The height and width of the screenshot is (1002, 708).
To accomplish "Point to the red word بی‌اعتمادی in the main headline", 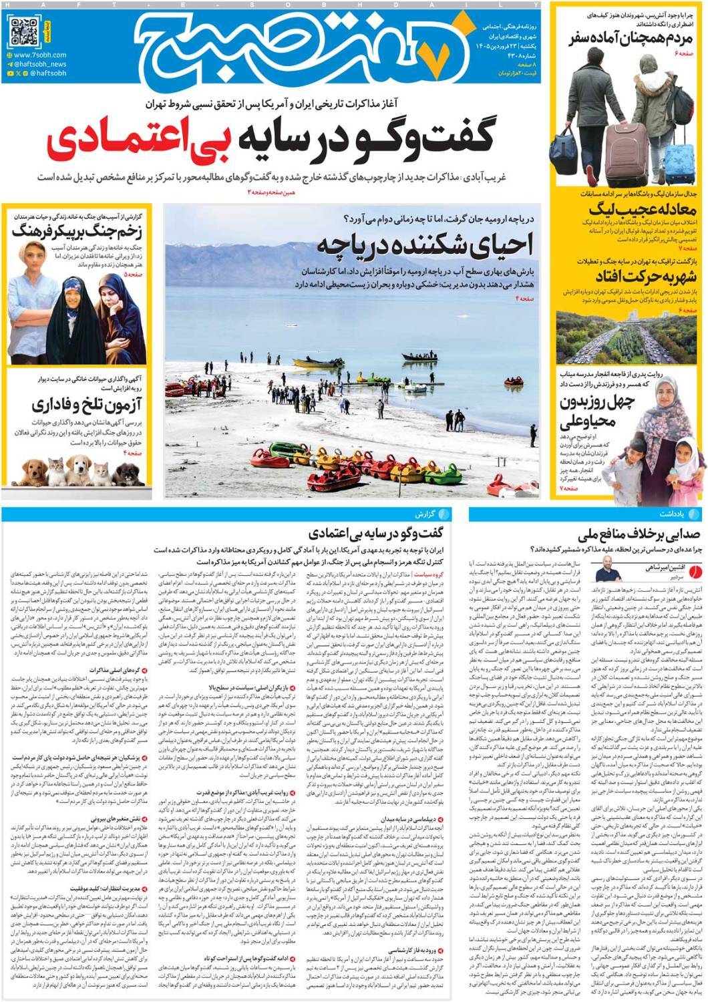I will coord(133,139).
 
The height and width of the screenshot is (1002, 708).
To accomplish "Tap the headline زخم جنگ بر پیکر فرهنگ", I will coord(78,232).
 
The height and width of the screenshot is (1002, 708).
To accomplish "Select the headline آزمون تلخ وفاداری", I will coord(79,405).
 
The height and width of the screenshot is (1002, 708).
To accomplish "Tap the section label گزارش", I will coord(435,515).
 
